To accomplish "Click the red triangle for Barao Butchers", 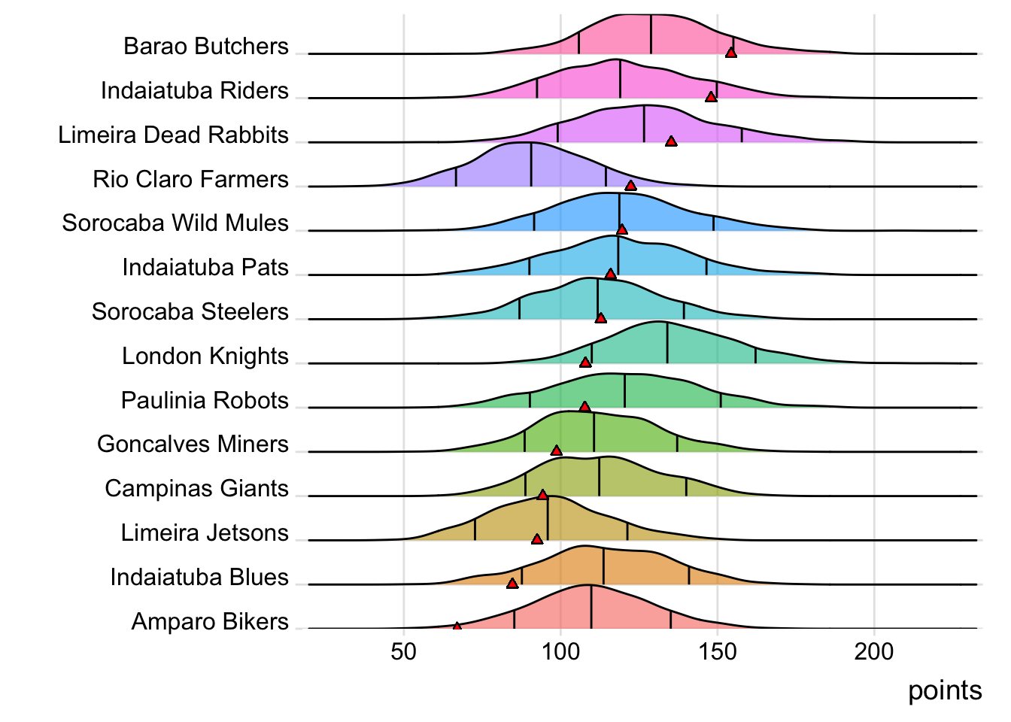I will click(730, 52).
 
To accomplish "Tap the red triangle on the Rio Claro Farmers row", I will click(630, 185).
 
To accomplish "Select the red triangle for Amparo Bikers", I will click(457, 626).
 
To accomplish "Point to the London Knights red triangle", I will click(585, 363).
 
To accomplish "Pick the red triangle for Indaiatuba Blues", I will click(512, 583).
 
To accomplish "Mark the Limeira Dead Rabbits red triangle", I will click(671, 141).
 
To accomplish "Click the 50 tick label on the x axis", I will click(404, 651).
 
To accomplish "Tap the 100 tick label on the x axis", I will click(560, 651).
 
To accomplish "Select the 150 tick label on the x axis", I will click(717, 651).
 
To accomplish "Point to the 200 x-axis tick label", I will click(874, 651).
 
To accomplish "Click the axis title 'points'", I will click(945, 690).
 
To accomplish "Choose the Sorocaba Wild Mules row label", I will click(175, 223).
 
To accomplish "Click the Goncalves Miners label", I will click(193, 444).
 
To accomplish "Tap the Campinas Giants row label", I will click(196, 489).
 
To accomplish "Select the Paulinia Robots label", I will click(205, 400).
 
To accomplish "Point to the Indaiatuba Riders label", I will click(195, 91).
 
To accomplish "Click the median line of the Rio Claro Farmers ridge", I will click(531, 165).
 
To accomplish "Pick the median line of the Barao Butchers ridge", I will click(651, 35).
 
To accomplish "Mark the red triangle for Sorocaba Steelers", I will click(600, 318).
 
